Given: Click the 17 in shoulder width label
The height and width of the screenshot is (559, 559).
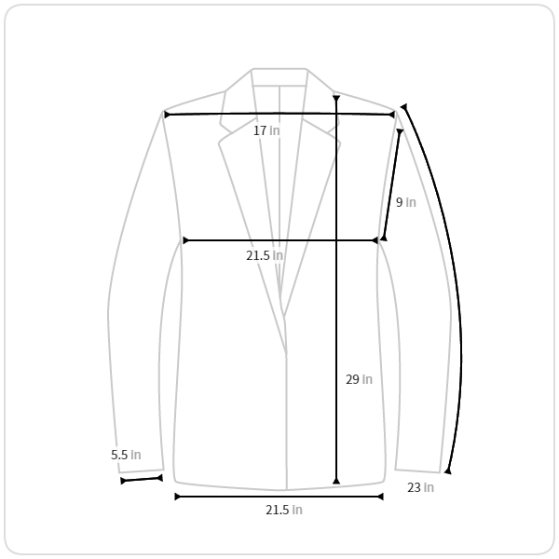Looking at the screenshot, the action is point(266,130).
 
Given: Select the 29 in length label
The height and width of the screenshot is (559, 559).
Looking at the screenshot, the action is point(359,379).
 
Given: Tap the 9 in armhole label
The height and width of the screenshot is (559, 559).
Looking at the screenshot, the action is point(405,202).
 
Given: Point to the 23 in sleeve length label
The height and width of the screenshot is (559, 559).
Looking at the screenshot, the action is point(421,487).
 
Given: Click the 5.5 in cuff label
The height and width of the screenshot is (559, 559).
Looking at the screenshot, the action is point(126,455).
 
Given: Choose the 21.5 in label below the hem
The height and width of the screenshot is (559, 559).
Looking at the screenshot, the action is point(284,510).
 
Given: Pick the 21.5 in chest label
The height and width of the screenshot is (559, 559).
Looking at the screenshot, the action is point(265,255).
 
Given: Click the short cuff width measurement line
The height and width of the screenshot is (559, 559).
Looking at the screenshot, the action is point(142,480).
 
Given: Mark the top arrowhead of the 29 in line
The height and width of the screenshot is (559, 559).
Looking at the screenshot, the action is point(336,99).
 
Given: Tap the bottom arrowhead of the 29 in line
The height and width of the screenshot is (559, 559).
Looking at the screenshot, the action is point(336,482).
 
